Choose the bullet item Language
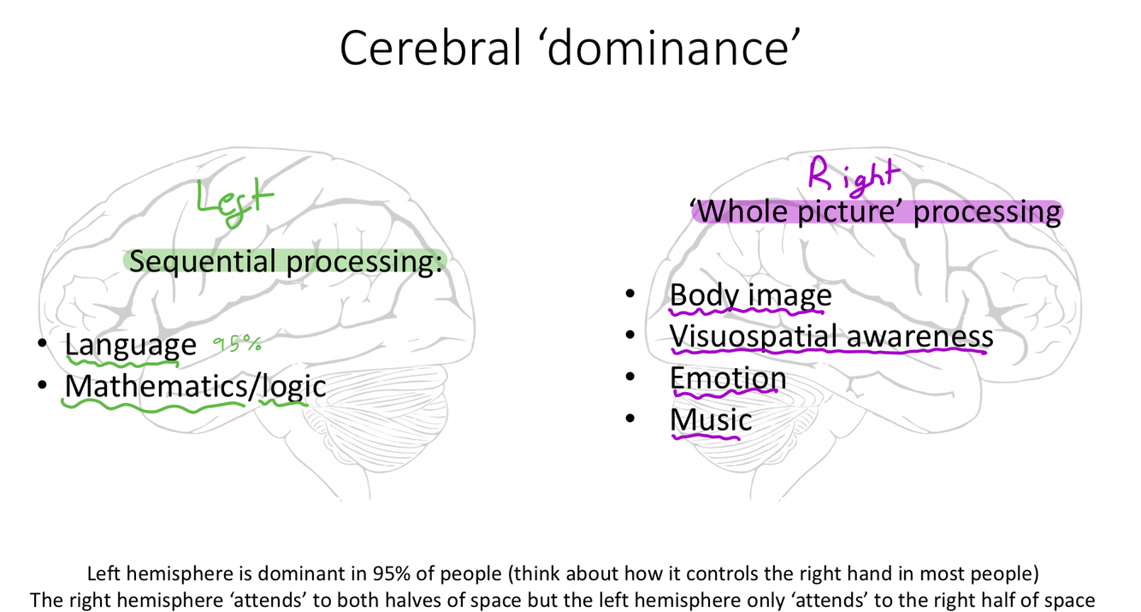click(130, 345)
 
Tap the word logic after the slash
click(294, 386)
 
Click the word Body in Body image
click(704, 295)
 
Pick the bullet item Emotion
click(728, 378)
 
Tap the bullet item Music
click(711, 419)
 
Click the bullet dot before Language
click(42, 345)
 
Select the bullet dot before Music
click(630, 419)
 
